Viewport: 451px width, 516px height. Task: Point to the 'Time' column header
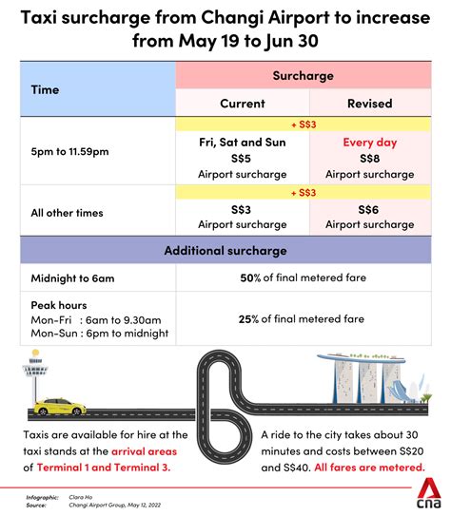tap(45, 89)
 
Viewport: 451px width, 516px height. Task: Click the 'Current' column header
tap(242, 104)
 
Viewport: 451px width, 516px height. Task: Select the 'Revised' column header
tap(368, 104)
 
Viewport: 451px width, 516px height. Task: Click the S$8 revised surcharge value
tap(368, 158)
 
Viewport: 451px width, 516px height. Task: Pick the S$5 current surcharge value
tap(242, 158)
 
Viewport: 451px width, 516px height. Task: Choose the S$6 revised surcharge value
tap(368, 209)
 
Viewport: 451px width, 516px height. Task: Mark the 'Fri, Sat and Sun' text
tap(242, 142)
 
